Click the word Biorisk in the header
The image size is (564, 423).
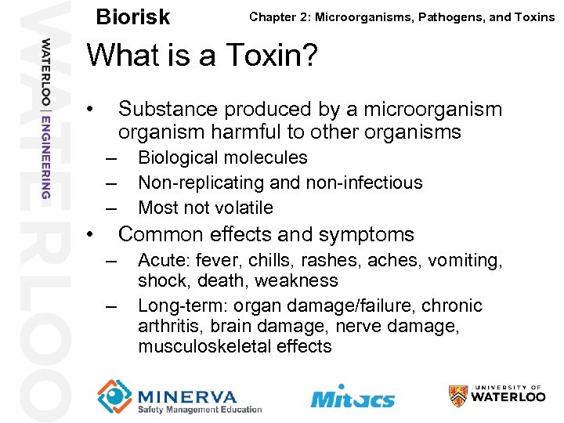[x=132, y=16]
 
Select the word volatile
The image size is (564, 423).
[x=242, y=208]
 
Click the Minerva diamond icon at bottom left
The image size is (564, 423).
[x=114, y=396]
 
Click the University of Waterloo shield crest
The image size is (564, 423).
[x=459, y=396]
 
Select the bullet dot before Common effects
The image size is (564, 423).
[x=92, y=234]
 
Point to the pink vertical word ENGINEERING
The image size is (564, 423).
[x=46, y=155]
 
